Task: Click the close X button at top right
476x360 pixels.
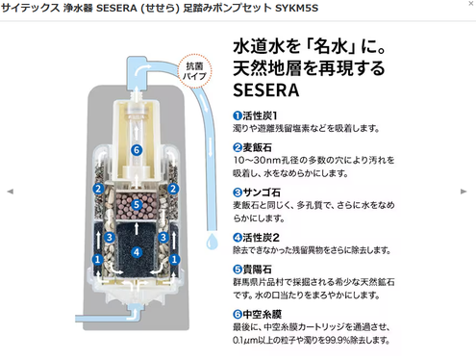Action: point(471,4)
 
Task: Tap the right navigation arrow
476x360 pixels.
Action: point(463,192)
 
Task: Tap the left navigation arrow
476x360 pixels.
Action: point(11,192)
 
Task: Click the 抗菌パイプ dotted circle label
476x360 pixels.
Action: point(194,71)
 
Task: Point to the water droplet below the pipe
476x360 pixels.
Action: point(212,241)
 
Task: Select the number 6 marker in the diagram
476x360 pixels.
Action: point(137,150)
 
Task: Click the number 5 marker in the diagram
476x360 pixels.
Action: point(137,204)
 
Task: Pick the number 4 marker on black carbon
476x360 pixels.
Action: point(137,252)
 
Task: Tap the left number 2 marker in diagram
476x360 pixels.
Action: point(98,189)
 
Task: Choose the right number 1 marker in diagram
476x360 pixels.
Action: point(174,259)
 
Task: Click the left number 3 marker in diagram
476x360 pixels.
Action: point(110,237)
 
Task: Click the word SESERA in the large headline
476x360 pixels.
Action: point(266,90)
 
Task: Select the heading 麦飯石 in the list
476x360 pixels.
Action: point(257,147)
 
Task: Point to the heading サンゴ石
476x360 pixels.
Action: point(262,193)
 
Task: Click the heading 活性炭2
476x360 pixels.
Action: point(261,238)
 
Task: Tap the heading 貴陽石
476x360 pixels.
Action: point(257,270)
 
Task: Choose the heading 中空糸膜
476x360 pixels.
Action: point(262,315)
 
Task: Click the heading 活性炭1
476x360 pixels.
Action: point(260,116)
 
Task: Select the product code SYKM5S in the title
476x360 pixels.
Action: point(296,8)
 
